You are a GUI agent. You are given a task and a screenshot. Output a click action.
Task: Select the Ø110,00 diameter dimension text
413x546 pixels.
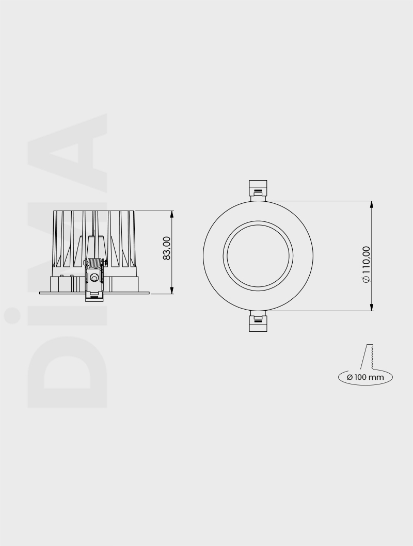click(x=366, y=264)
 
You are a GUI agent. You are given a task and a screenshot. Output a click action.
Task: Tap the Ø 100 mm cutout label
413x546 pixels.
click(x=366, y=377)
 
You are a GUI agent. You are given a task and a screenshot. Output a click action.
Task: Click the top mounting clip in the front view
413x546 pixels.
click(x=258, y=188)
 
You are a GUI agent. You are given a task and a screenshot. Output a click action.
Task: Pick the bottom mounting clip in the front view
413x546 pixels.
click(x=258, y=323)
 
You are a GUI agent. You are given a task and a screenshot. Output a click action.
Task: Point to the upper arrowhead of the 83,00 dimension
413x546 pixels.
click(x=172, y=214)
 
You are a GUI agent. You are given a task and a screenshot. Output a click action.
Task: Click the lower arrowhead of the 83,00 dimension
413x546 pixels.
click(x=172, y=291)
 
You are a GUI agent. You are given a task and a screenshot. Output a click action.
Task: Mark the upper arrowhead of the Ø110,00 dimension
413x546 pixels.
click(x=372, y=204)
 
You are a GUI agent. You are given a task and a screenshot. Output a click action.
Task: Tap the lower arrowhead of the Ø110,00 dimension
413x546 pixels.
click(x=372, y=308)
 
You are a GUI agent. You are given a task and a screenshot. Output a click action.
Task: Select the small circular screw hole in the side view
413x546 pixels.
click(x=94, y=278)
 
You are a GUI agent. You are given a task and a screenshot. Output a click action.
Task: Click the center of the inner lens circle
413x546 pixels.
click(x=258, y=255)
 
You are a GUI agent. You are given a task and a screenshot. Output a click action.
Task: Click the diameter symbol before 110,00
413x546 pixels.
click(x=366, y=279)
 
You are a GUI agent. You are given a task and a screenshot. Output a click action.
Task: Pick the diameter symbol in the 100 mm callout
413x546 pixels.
click(x=350, y=377)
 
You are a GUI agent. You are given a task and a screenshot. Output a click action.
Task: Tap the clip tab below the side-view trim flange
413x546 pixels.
click(x=94, y=296)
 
